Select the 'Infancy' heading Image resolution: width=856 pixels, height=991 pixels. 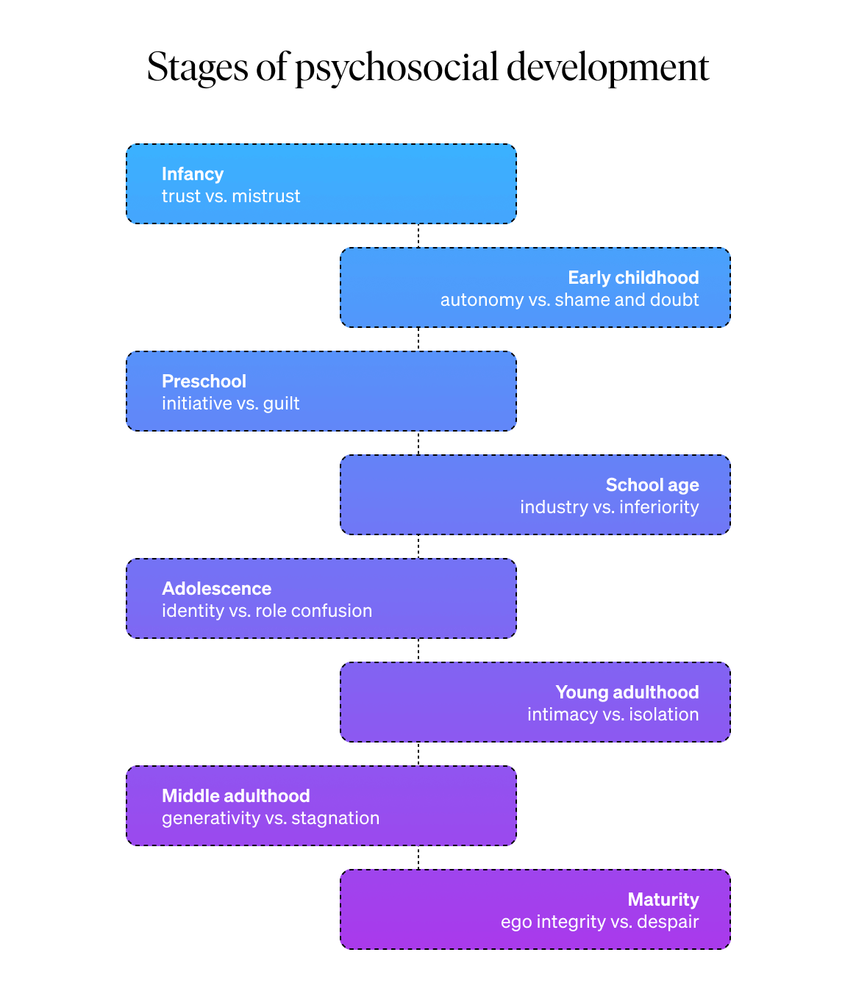(x=193, y=174)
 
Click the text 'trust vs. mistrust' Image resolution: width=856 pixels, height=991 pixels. (x=231, y=196)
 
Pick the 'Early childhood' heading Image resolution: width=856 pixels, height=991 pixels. (x=633, y=278)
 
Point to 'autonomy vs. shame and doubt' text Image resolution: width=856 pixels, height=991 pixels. (x=569, y=300)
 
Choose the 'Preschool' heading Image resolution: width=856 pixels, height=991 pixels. (x=204, y=382)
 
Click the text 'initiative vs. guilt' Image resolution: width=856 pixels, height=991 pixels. (x=231, y=404)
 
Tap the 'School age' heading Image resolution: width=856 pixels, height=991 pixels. (x=652, y=485)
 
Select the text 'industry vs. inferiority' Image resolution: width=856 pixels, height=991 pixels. (x=609, y=507)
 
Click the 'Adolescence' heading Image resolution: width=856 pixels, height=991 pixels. (x=216, y=589)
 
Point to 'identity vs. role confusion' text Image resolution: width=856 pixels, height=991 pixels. (x=267, y=611)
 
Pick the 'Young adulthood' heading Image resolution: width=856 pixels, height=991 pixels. (x=627, y=693)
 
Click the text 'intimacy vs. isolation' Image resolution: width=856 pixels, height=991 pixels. (x=613, y=715)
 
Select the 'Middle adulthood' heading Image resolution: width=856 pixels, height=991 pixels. (x=236, y=796)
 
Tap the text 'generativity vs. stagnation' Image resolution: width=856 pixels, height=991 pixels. (x=271, y=818)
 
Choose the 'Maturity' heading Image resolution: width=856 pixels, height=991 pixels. (x=663, y=900)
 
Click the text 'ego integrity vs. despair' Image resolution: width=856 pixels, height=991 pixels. (x=599, y=922)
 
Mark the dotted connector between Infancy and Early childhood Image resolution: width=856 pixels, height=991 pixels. (x=418, y=235)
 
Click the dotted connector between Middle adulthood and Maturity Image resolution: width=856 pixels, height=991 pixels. (x=418, y=857)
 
